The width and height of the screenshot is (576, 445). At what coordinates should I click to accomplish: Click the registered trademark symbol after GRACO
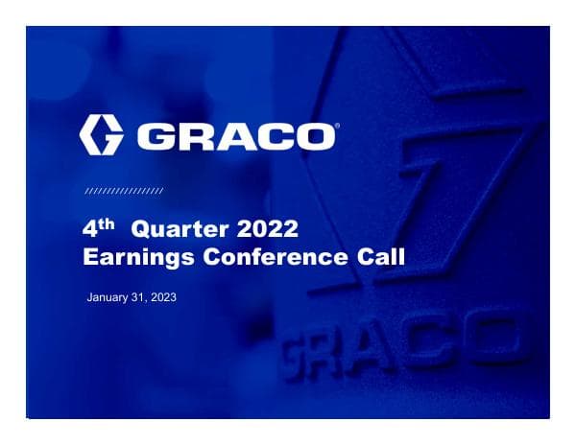(334, 125)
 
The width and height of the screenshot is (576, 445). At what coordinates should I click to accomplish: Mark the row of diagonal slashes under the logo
(124, 192)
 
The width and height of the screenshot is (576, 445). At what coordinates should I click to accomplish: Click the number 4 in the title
(92, 230)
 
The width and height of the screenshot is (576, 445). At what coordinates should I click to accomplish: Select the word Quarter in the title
(176, 230)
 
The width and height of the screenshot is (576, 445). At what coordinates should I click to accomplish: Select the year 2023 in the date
(164, 298)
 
